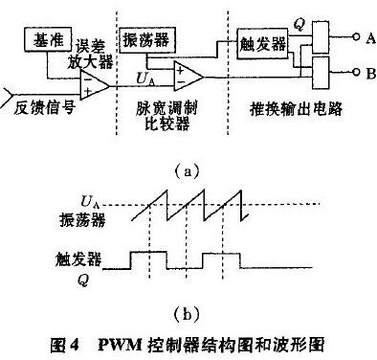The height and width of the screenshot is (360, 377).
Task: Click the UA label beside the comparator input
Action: (x=146, y=74)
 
